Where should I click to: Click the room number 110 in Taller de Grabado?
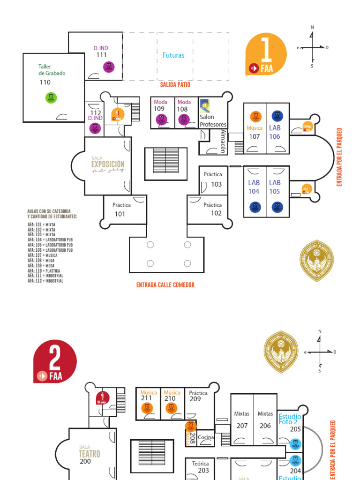point(45,82)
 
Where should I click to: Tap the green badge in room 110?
point(51,97)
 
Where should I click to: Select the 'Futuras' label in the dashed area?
point(173,55)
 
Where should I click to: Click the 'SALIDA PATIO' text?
point(175,85)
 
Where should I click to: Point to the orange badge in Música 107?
point(255,116)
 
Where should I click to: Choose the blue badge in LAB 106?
point(277,116)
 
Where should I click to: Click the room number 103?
point(216,184)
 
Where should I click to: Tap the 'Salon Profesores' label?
point(213,121)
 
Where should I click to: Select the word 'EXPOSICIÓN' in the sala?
point(108,164)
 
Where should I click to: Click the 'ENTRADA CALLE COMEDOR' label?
point(165,285)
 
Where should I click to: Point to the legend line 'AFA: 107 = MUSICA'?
point(43,255)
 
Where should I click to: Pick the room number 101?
point(120,214)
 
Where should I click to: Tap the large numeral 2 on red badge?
point(54,359)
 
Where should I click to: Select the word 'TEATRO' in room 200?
point(89,454)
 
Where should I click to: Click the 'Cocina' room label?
point(206,437)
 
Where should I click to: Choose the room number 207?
point(242,426)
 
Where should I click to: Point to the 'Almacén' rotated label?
point(223,141)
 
